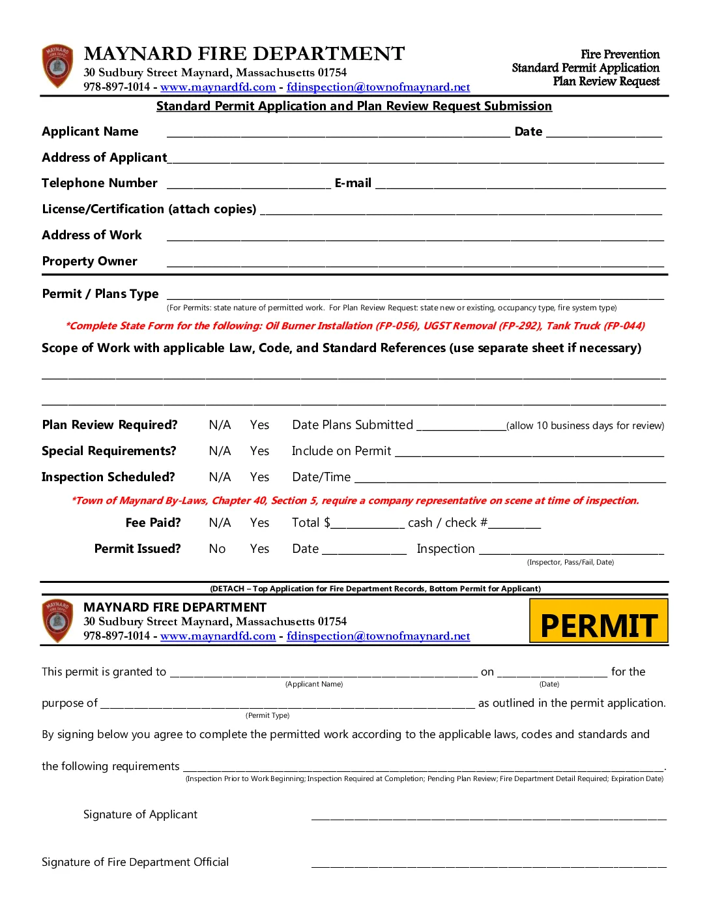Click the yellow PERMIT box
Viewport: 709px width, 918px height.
(x=598, y=621)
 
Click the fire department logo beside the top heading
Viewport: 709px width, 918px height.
(x=57, y=66)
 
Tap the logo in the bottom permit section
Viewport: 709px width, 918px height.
(x=57, y=621)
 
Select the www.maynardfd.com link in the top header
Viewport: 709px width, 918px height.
(x=218, y=87)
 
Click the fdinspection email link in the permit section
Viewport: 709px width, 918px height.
(x=378, y=636)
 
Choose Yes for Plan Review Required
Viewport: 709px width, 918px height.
(x=259, y=425)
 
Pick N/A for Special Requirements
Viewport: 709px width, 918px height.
(x=220, y=451)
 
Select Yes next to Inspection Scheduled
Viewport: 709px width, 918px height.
(x=259, y=477)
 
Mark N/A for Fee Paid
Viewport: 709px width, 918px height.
(x=220, y=523)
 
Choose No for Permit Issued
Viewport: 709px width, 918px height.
(x=217, y=549)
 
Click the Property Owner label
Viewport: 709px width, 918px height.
(x=89, y=261)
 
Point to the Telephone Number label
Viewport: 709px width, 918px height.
(x=100, y=183)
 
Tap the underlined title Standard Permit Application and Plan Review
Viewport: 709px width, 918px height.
(x=354, y=106)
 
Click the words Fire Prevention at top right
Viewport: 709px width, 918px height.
(x=620, y=54)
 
